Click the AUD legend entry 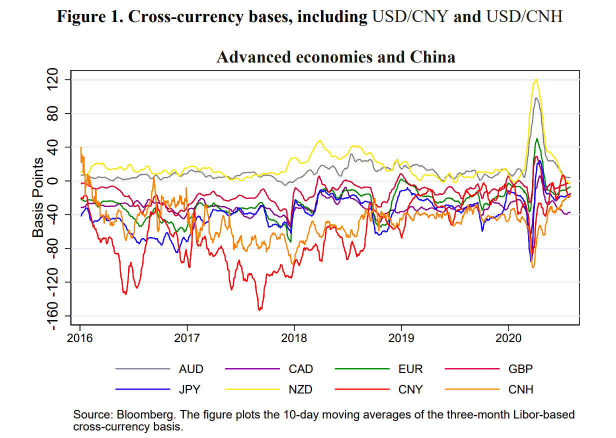click(x=191, y=369)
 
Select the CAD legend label click(x=300, y=369)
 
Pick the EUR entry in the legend click(x=410, y=369)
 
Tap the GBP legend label click(x=520, y=369)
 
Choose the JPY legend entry click(x=190, y=389)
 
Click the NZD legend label click(x=300, y=389)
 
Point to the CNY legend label click(x=410, y=389)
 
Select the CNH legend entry click(x=520, y=389)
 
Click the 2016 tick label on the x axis click(x=80, y=338)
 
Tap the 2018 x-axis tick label click(x=294, y=338)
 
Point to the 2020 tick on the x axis click(x=508, y=338)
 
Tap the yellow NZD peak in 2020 click(x=536, y=79)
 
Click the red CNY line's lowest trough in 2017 click(x=259, y=310)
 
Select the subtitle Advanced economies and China click(x=335, y=57)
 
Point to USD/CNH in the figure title click(x=523, y=16)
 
